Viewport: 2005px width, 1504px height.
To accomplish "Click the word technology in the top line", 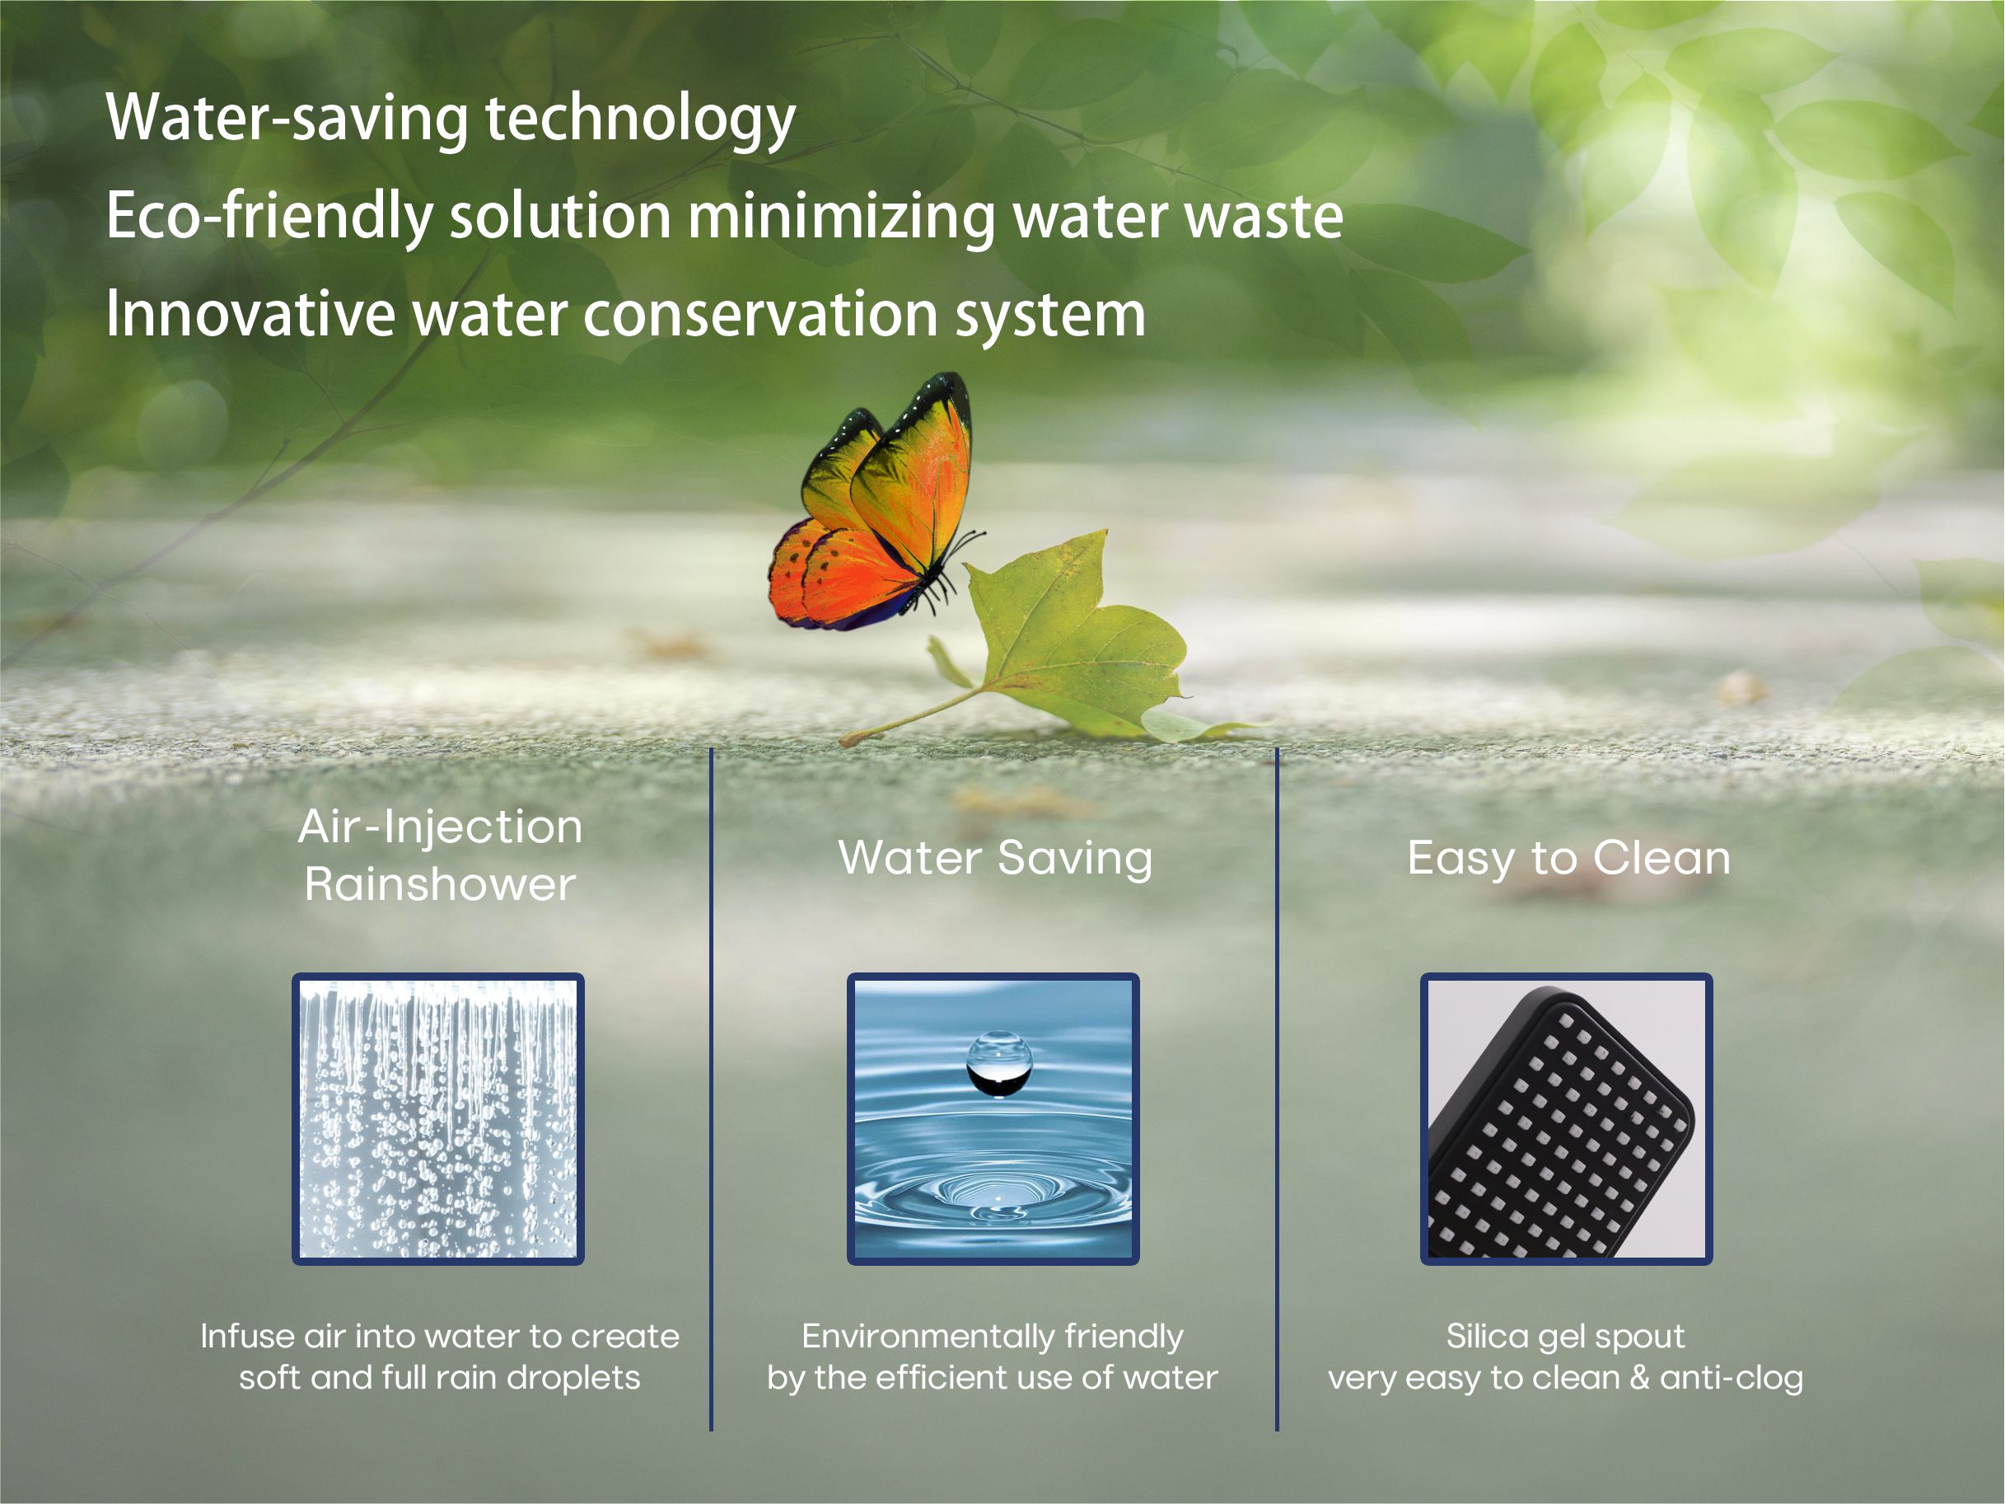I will coord(640,119).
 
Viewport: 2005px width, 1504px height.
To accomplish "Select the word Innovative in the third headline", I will coord(250,315).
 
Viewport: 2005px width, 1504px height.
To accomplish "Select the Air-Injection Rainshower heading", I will coord(440,855).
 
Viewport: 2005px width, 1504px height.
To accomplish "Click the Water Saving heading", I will coord(994,858).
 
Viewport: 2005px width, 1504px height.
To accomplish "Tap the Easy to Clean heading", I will coord(1568,858).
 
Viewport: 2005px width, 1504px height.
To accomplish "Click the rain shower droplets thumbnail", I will coord(437,1118).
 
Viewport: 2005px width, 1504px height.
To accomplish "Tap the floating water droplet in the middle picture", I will coord(999,1063).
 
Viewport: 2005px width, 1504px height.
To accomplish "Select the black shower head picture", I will coord(1565,1118).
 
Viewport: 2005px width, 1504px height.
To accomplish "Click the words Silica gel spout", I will coord(1565,1336).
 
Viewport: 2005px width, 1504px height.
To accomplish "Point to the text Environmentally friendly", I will coord(993,1336).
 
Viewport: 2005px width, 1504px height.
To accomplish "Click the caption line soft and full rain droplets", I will coord(440,1378).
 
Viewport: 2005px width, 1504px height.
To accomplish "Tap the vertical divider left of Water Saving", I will coord(712,1088).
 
